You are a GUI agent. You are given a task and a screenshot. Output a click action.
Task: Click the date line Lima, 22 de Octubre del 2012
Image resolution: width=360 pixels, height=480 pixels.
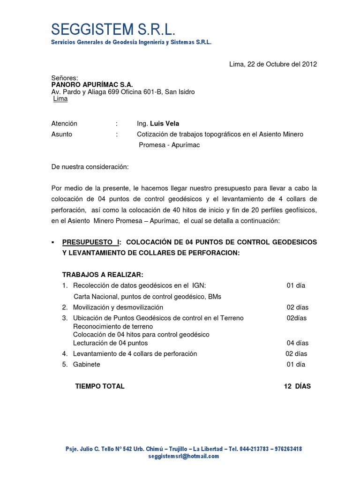273,64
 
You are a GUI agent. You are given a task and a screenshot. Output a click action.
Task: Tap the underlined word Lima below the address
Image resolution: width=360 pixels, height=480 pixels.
60,99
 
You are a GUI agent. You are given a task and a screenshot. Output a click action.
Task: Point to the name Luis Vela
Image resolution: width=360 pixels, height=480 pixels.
165,124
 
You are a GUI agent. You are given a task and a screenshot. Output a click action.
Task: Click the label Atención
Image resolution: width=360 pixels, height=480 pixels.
64,124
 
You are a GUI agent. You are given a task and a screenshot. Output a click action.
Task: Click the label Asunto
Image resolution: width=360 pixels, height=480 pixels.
62,134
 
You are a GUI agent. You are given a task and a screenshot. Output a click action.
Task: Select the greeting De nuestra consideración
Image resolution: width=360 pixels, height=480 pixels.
90,166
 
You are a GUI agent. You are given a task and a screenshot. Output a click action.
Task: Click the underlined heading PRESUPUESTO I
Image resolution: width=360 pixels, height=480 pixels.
91,242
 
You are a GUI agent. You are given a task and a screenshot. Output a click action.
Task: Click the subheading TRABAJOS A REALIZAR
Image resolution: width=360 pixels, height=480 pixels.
102,274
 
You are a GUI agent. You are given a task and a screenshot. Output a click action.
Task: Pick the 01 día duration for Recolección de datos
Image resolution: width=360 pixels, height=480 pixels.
296,285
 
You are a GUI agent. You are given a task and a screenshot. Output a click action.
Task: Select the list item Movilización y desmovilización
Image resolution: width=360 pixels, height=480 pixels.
118,307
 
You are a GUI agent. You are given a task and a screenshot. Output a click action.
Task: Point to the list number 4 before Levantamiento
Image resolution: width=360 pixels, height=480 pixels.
64,354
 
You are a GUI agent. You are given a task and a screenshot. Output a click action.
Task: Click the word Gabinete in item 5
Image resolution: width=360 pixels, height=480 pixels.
86,364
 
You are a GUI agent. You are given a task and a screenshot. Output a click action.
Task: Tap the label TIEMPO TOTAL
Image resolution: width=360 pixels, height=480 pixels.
100,386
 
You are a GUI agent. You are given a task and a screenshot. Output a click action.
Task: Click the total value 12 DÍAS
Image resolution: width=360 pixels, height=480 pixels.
297,386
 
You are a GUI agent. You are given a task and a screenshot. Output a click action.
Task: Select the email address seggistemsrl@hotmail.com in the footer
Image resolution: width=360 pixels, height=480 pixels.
183,456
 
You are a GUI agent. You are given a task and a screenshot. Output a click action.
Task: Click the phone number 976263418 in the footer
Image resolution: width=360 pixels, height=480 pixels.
284,449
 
